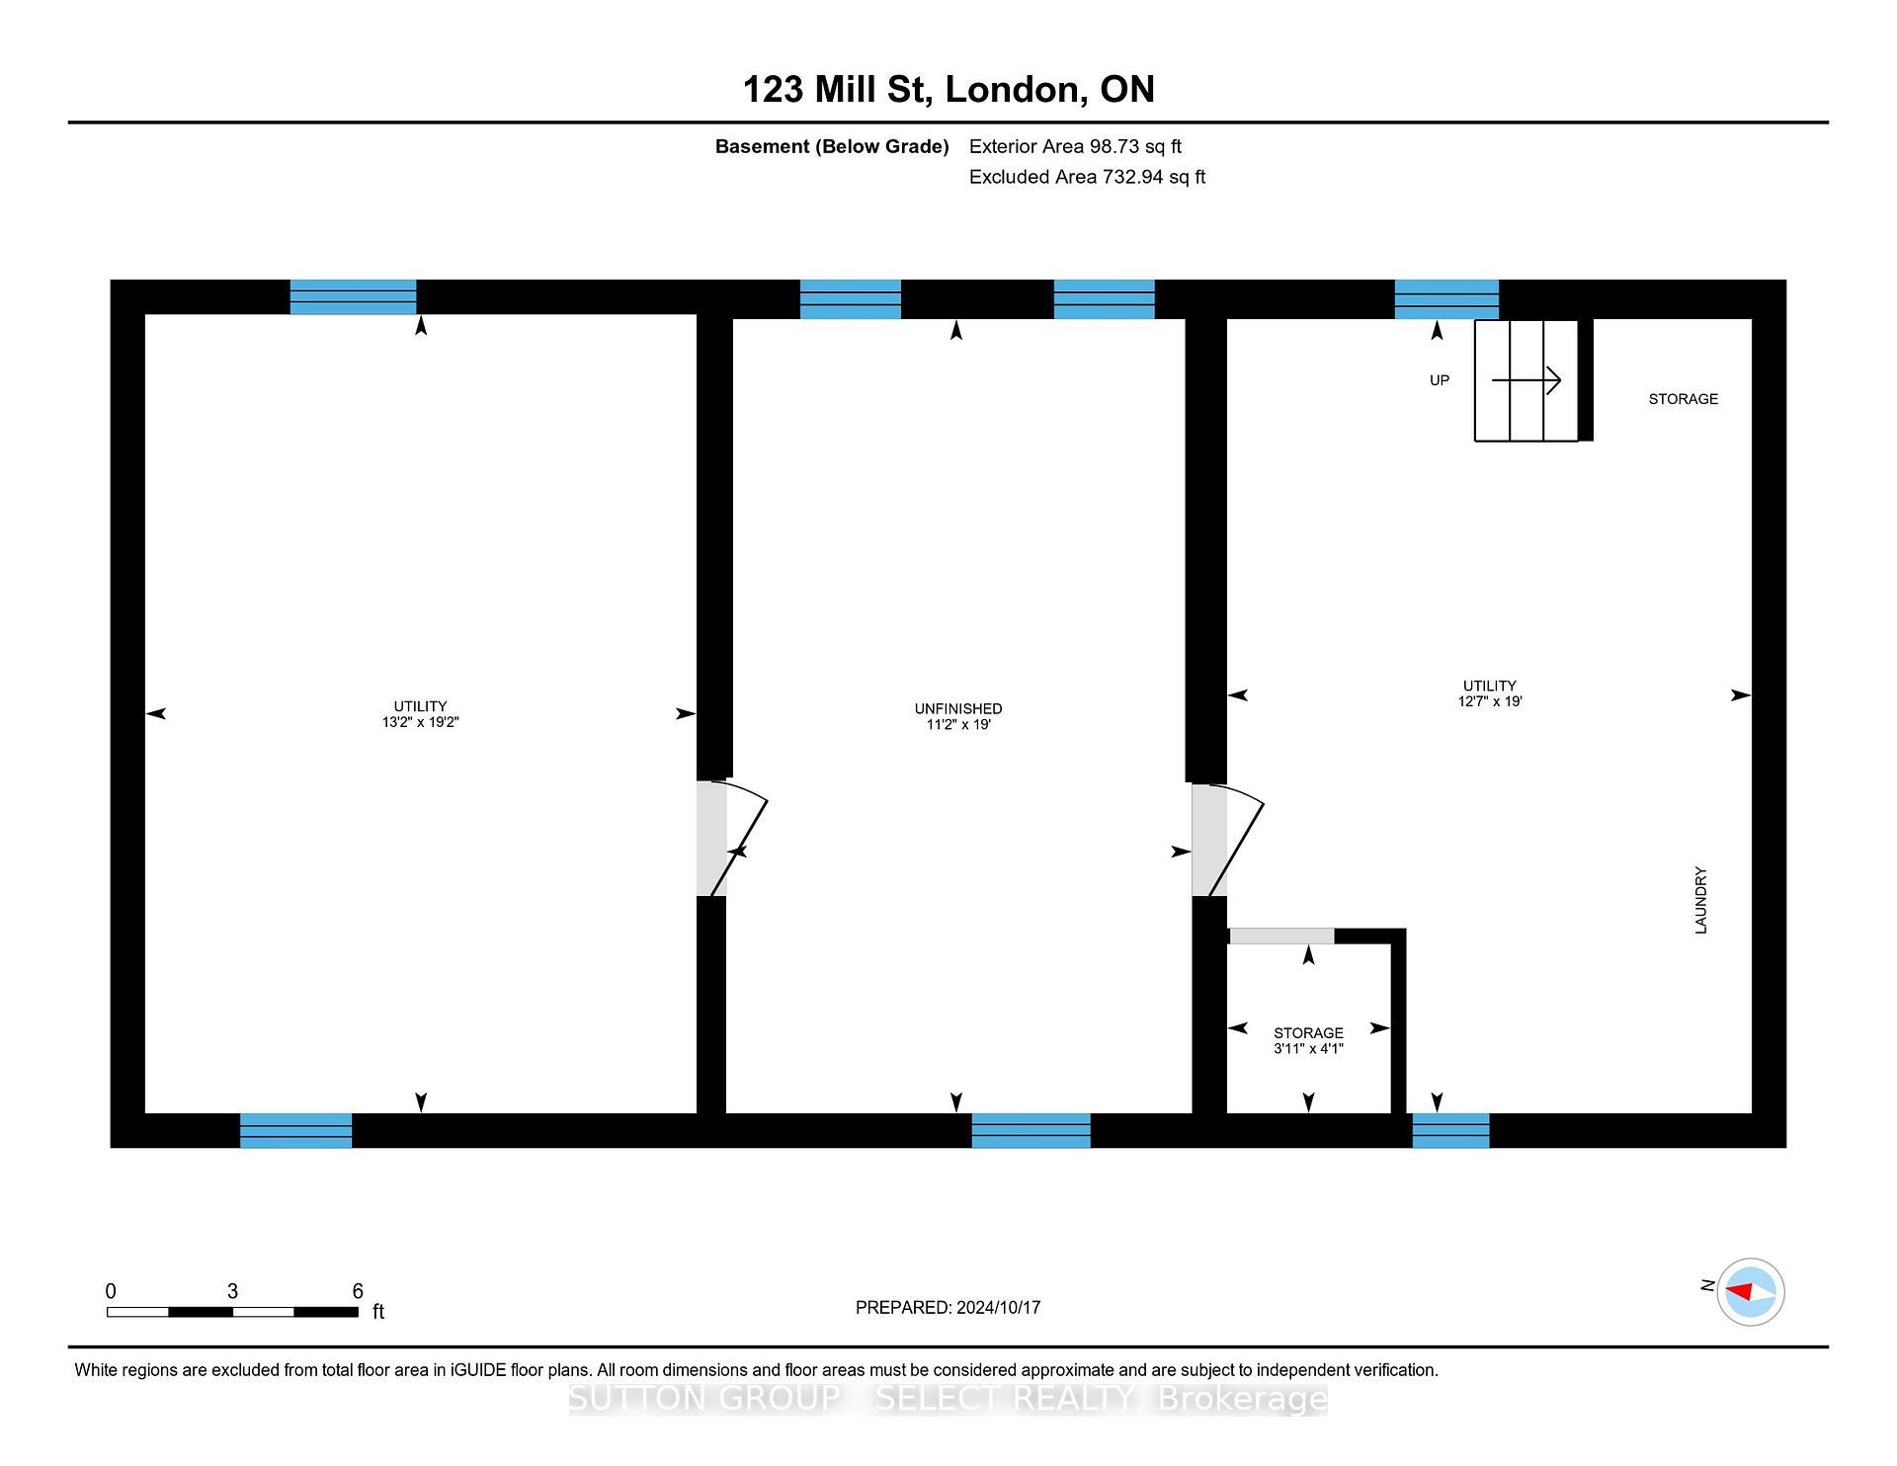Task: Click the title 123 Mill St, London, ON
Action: pos(948,90)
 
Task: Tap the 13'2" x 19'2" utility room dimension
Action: pos(421,722)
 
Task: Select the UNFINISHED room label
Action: pos(958,708)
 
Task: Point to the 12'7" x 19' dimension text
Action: pos(1490,701)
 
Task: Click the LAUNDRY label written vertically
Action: pos(1700,900)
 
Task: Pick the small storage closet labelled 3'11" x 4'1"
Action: pos(1308,1028)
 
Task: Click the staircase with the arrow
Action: pos(1526,380)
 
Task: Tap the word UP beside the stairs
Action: pos(1440,380)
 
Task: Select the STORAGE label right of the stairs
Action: pos(1684,399)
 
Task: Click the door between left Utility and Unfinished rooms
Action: pos(732,838)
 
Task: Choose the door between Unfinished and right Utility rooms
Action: pos(1227,840)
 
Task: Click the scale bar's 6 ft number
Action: pos(358,1291)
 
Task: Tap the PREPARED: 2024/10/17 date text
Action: pos(948,1307)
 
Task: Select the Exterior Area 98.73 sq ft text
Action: pos(1075,146)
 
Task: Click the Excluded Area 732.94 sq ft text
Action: pos(1087,177)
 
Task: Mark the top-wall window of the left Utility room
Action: pos(353,296)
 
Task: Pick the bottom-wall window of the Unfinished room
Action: pos(1031,1130)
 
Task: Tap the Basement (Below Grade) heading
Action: pos(832,147)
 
